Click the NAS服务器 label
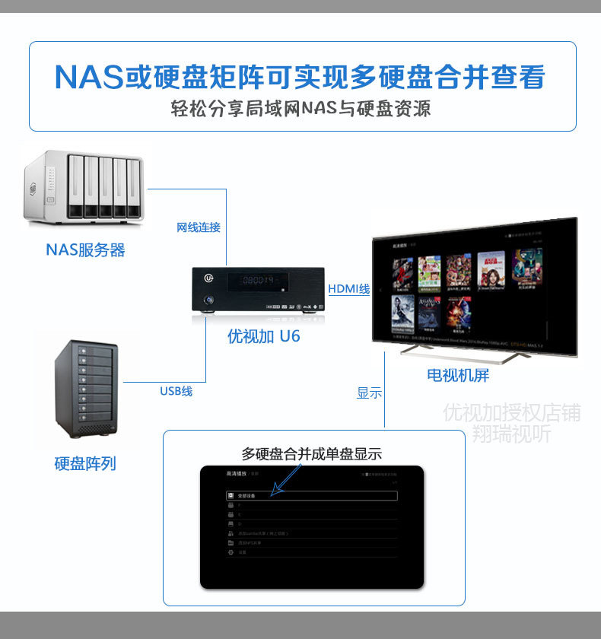tap(85, 250)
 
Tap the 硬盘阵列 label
tap(85, 463)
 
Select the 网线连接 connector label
tap(198, 227)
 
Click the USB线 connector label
tap(176, 391)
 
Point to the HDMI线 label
tap(348, 289)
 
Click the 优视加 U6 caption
tap(264, 335)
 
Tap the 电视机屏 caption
tap(457, 375)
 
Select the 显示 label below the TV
tap(369, 393)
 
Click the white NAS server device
tap(83, 188)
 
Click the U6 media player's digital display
tap(258, 281)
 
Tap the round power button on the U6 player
tap(208, 302)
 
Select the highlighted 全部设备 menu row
tap(312, 495)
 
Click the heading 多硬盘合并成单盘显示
tap(312, 454)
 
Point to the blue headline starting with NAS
tap(300, 77)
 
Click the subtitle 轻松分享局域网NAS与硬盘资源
tap(301, 109)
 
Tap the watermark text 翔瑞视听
tap(510, 434)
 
